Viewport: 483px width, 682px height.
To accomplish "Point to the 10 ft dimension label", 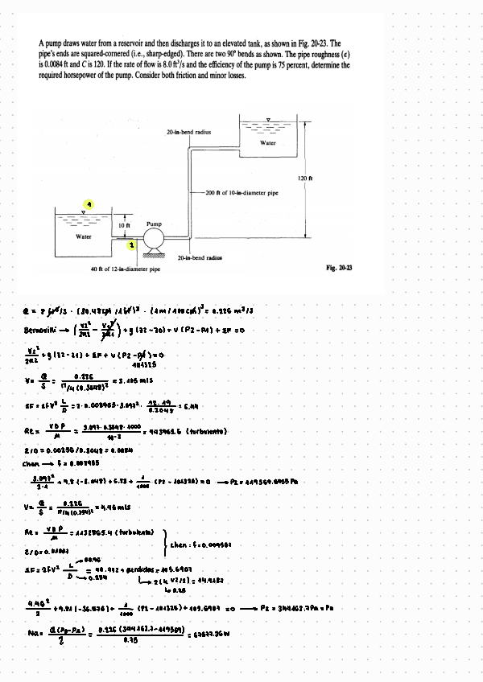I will [125, 226].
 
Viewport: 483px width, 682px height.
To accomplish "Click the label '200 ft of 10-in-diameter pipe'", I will [241, 194].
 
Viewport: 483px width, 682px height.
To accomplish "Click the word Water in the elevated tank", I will [268, 142].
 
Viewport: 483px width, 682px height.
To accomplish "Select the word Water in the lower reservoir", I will [84, 236].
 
